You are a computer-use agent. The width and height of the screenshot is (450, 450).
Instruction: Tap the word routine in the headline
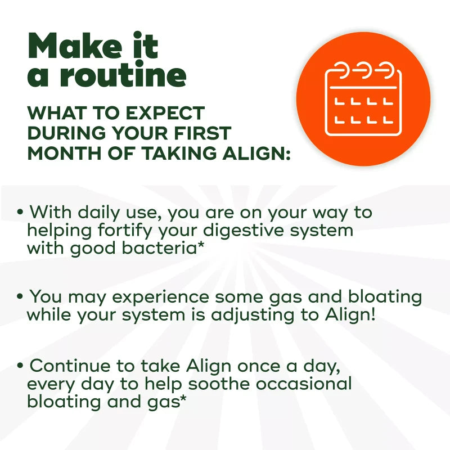[123, 76]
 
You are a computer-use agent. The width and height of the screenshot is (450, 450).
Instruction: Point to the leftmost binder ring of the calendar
[341, 71]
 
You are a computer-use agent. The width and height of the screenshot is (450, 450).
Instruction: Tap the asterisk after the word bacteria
[200, 246]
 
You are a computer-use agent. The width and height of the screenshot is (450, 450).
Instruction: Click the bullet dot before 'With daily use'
[20, 213]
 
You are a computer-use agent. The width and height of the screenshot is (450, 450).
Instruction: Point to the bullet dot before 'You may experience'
[20, 296]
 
